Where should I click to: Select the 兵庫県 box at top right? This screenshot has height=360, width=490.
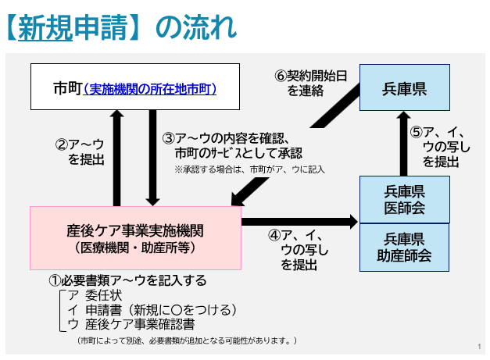click(404, 87)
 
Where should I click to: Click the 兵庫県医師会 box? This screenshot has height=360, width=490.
click(404, 198)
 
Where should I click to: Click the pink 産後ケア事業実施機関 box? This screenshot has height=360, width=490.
click(135, 237)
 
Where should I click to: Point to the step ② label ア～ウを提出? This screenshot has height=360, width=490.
click(81, 151)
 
